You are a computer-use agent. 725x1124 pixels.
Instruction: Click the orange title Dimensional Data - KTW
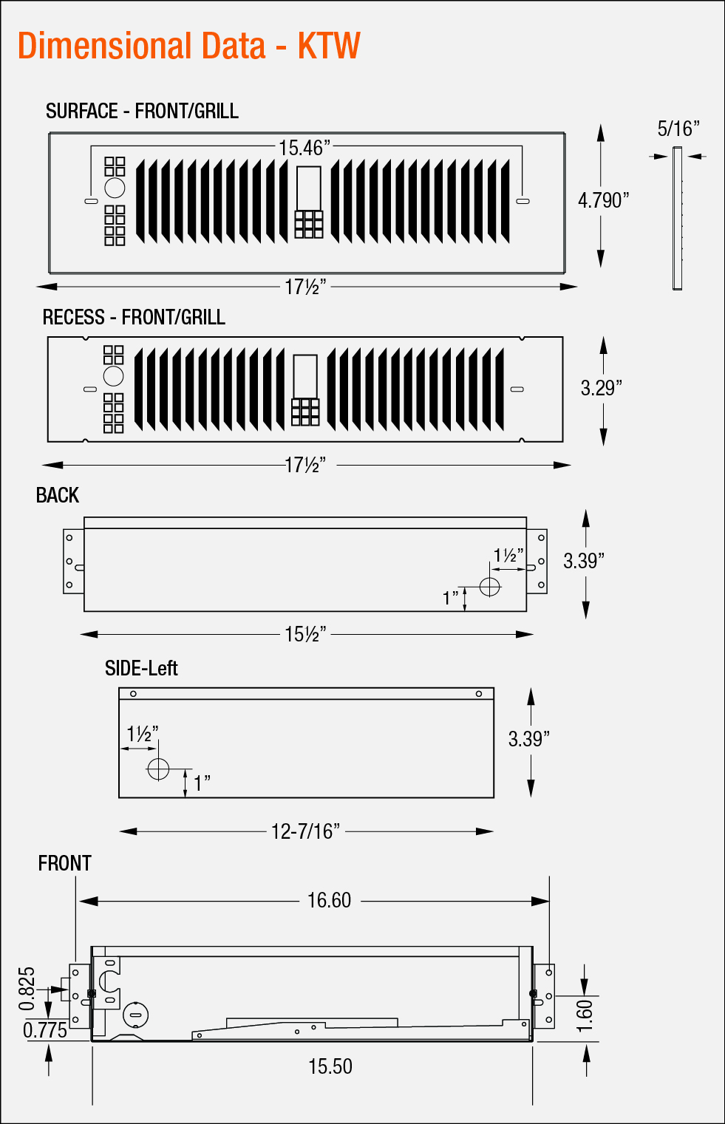pos(188,46)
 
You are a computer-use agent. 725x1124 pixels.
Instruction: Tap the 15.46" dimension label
pos(304,148)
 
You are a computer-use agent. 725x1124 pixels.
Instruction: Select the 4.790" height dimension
pos(603,200)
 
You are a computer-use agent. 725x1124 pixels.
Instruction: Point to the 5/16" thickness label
pos(678,129)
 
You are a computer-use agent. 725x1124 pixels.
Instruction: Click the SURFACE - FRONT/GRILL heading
pos(142,111)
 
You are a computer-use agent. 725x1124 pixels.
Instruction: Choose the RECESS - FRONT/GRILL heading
pos(134,317)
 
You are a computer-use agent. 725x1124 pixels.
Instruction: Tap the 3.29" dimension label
pos(601,388)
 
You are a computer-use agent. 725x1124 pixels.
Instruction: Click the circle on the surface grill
pos(115,188)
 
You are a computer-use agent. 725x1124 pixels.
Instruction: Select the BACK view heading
pos(57,495)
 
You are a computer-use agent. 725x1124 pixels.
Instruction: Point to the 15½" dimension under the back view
pos(305,634)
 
